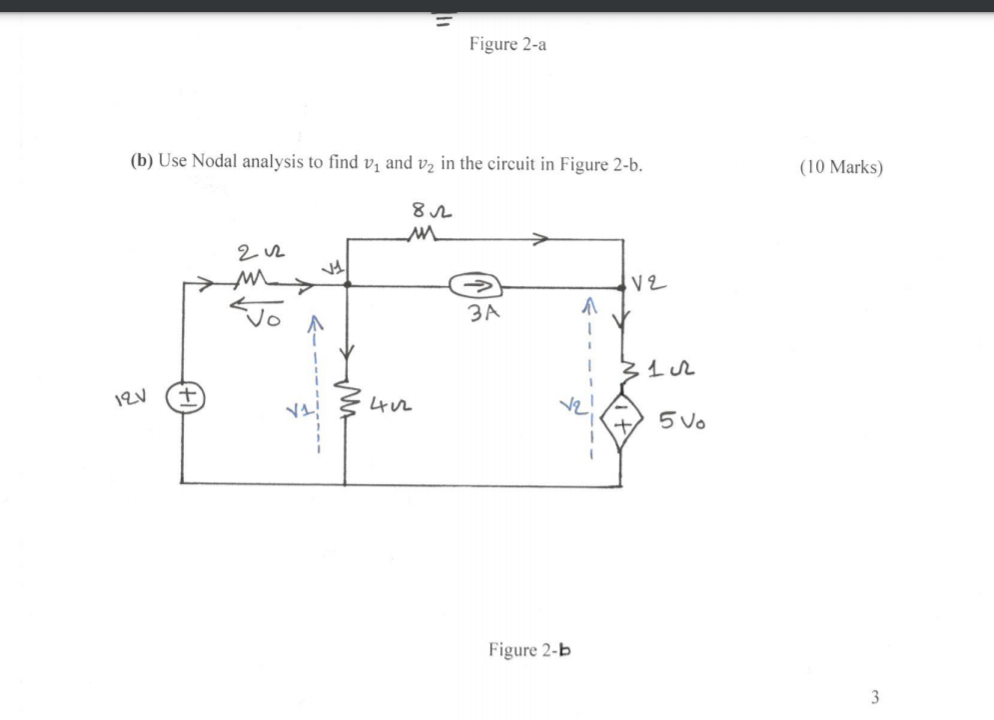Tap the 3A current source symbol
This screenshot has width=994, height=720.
point(473,286)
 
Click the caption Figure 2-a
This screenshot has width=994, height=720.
point(506,45)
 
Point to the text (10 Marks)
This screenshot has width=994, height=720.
point(841,166)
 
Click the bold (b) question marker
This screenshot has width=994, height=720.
point(136,164)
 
